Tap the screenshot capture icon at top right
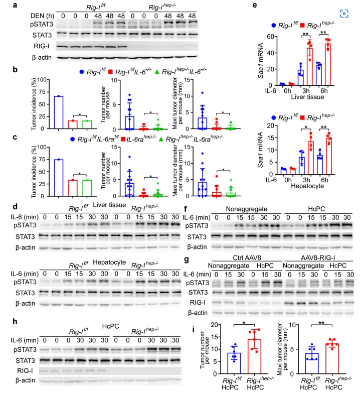(343, 13)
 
